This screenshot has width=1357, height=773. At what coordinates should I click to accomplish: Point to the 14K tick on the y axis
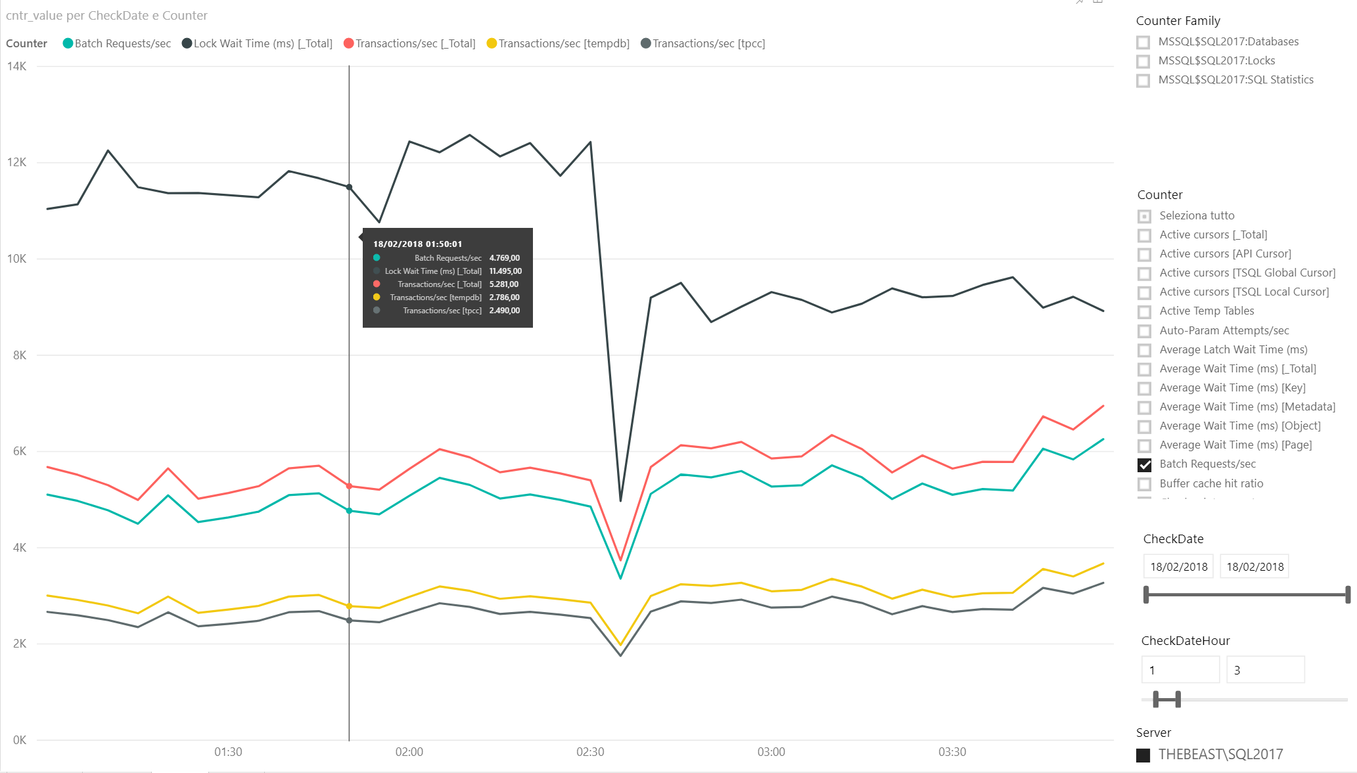17,66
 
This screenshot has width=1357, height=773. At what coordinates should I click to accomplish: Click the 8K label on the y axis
20,355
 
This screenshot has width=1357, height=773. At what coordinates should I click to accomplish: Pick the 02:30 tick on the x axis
590,752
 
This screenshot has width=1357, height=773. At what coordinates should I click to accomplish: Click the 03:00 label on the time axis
771,752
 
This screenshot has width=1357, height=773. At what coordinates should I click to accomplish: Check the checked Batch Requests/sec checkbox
1145,465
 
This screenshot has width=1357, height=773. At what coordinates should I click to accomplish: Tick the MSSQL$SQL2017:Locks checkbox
1143,62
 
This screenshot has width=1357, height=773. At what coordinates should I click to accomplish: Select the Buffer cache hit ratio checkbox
1145,484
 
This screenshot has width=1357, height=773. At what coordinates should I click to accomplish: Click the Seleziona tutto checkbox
1145,216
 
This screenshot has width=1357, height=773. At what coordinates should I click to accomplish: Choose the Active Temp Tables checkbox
1145,312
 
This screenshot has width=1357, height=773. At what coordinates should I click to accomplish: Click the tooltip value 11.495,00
505,271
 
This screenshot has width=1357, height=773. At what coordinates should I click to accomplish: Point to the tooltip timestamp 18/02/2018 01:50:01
417,244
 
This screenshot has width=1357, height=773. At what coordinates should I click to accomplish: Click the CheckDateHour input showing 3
1265,670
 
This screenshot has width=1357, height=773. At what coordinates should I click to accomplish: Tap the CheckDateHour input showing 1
1180,670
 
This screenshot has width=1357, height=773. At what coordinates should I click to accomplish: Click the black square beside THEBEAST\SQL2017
1143,755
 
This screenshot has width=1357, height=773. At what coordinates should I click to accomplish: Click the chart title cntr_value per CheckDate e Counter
106,16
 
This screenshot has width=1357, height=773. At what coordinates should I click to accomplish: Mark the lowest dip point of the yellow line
620,645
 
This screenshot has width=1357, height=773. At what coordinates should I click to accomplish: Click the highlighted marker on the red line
349,486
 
